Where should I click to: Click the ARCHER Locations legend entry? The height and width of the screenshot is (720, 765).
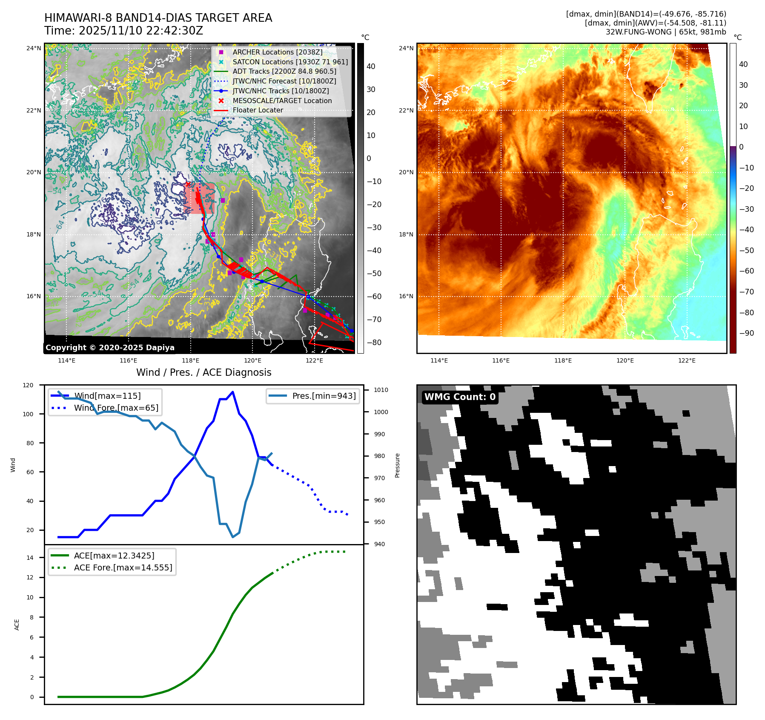pyautogui.click(x=277, y=52)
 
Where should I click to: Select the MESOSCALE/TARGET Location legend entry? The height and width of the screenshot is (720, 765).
pyautogui.click(x=282, y=101)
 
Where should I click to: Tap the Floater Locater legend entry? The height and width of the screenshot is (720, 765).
pyautogui.click(x=258, y=110)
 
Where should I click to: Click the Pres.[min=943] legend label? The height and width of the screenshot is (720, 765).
pyautogui.click(x=324, y=396)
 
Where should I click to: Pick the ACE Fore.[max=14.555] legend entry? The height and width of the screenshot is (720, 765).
pyautogui.click(x=123, y=567)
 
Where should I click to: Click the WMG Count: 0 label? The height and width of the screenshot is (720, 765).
pyautogui.click(x=460, y=397)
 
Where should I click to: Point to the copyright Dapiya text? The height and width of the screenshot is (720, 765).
pyautogui.click(x=110, y=348)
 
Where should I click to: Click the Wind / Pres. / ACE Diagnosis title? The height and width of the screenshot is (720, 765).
pyautogui.click(x=203, y=372)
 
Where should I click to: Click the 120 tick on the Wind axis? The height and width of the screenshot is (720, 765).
pyautogui.click(x=28, y=385)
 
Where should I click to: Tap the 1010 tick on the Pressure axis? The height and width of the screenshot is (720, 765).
pyautogui.click(x=381, y=390)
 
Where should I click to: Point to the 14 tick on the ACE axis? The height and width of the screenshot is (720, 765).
pyautogui.click(x=30, y=557)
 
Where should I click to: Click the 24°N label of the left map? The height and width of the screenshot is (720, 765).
pyautogui.click(x=34, y=48)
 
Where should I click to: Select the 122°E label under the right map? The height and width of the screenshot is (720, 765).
pyautogui.click(x=687, y=360)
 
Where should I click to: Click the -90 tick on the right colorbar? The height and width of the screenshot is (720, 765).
pyautogui.click(x=746, y=333)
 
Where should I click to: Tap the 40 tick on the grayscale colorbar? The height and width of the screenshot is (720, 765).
pyautogui.click(x=371, y=66)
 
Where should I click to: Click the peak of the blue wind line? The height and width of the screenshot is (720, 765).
pyautogui.click(x=232, y=392)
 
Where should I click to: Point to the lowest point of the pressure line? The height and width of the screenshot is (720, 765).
pyautogui.click(x=233, y=537)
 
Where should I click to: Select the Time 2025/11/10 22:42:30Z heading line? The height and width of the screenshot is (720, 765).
pyautogui.click(x=123, y=31)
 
